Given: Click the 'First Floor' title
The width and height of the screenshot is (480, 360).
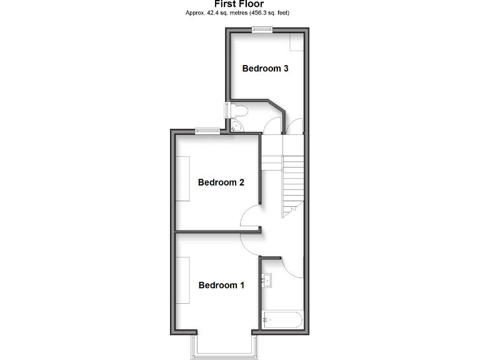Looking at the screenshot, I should click(x=239, y=4).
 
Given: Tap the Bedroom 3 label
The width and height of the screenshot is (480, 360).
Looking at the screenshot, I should click(x=265, y=69).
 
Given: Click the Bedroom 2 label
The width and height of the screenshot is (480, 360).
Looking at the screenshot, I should click(x=221, y=182).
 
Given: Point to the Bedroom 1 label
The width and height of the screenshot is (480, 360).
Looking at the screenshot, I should click(x=221, y=285).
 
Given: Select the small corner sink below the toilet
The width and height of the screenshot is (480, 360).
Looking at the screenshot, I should click(x=236, y=127).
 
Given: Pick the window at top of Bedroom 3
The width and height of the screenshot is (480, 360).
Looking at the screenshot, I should click(x=262, y=29).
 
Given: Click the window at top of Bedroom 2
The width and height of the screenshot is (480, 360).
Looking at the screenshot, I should click(x=206, y=131).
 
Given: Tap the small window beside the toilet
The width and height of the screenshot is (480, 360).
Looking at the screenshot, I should click(x=227, y=111).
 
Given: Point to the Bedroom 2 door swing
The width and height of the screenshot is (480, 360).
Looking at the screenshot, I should click(x=251, y=216).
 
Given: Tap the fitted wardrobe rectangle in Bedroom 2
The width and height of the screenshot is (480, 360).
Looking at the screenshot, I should click(x=183, y=178).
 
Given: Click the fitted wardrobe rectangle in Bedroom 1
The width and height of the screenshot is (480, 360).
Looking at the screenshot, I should click(x=183, y=280).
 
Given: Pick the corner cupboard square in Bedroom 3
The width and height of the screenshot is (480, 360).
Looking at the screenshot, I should click(x=296, y=42).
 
